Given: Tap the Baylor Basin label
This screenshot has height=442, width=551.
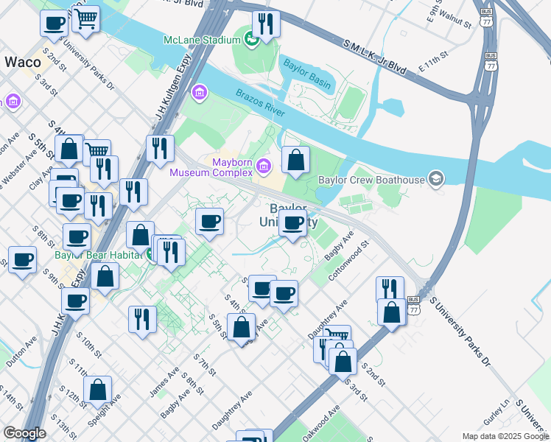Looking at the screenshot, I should (x=307, y=73).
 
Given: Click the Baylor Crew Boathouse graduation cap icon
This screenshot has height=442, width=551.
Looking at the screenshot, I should (x=437, y=179).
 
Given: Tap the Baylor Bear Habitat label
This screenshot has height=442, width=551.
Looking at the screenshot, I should (x=102, y=256).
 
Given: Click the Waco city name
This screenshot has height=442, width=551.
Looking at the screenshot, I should (x=23, y=62).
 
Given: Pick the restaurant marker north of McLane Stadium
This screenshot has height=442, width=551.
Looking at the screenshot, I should (x=265, y=24).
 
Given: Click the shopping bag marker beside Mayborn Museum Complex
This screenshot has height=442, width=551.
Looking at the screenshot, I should (x=295, y=160).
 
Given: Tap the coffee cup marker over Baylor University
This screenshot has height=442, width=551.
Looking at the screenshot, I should (x=293, y=223).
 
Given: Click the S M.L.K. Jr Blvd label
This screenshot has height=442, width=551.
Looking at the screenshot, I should (x=375, y=56).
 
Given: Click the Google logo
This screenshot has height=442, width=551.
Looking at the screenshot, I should (x=24, y=433).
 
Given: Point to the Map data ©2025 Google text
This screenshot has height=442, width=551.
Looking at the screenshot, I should (x=505, y=436).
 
